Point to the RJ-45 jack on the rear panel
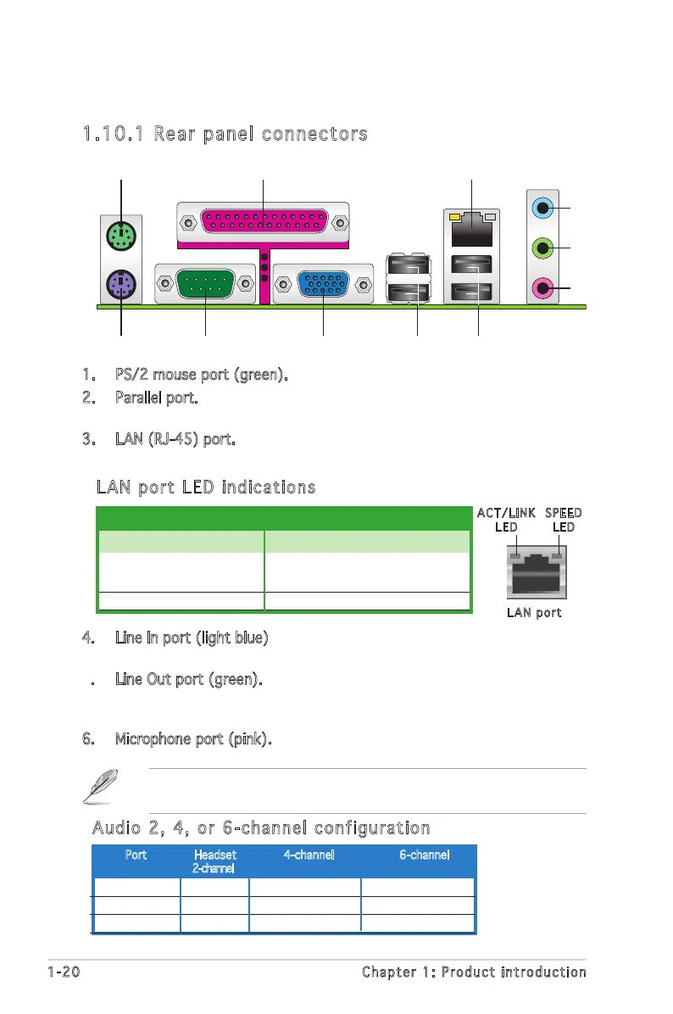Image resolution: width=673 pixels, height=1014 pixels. (x=472, y=222)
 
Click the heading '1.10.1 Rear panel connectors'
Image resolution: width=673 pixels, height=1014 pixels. (x=225, y=134)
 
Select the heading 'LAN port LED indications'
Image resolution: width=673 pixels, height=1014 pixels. (x=206, y=487)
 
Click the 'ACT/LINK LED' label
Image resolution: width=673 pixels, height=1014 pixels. (x=506, y=520)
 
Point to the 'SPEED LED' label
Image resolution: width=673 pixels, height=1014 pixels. (x=563, y=520)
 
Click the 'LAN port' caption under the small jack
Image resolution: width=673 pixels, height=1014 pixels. (x=534, y=612)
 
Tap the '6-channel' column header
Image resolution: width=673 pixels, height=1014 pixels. (x=424, y=855)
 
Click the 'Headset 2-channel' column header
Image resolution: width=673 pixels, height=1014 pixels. (x=214, y=861)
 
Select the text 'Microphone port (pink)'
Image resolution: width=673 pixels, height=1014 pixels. (x=193, y=739)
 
